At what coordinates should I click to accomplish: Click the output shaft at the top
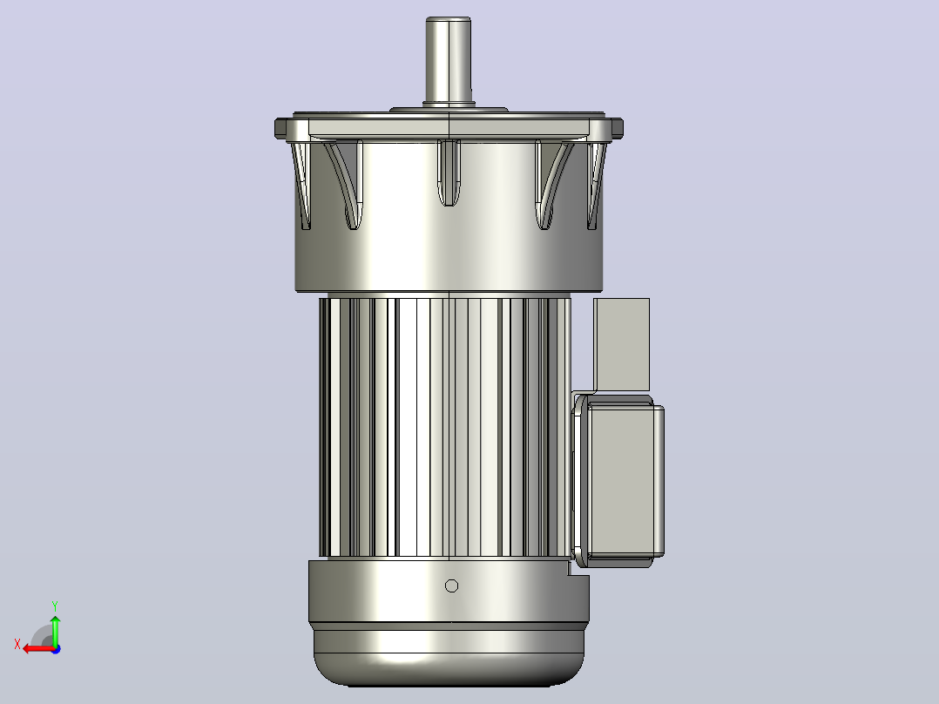pyautogui.click(x=448, y=60)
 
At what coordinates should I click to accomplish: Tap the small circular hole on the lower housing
pyautogui.click(x=451, y=586)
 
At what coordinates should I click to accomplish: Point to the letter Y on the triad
pyautogui.click(x=55, y=606)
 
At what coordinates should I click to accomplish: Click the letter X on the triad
pyautogui.click(x=17, y=644)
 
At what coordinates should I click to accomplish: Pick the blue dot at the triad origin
pyautogui.click(x=56, y=649)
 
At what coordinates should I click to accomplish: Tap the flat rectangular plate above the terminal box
pyautogui.click(x=622, y=344)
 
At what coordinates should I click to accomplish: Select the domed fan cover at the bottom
pyautogui.click(x=449, y=654)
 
